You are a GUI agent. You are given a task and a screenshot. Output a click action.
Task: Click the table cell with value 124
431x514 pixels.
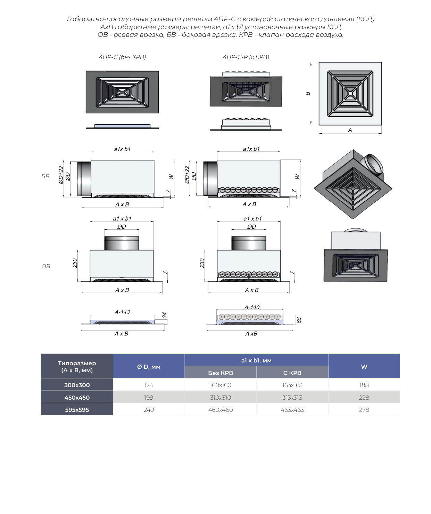149,385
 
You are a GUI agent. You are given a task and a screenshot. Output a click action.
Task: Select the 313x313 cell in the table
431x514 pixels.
292,398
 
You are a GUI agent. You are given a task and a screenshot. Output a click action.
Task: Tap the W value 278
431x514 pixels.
364,410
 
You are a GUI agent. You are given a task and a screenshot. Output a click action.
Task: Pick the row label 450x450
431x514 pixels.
77,398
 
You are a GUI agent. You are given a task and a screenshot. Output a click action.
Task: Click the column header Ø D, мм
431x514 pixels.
149,367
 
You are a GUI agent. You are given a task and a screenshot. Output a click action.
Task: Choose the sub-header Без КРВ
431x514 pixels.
221,373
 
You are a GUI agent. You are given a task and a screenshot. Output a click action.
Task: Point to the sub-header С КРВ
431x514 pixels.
292,373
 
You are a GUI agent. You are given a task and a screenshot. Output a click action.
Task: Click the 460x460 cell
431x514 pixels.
221,410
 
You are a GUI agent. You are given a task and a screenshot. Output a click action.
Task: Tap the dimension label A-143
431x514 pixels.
122,312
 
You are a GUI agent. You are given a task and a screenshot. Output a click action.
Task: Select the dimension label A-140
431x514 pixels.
252,307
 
